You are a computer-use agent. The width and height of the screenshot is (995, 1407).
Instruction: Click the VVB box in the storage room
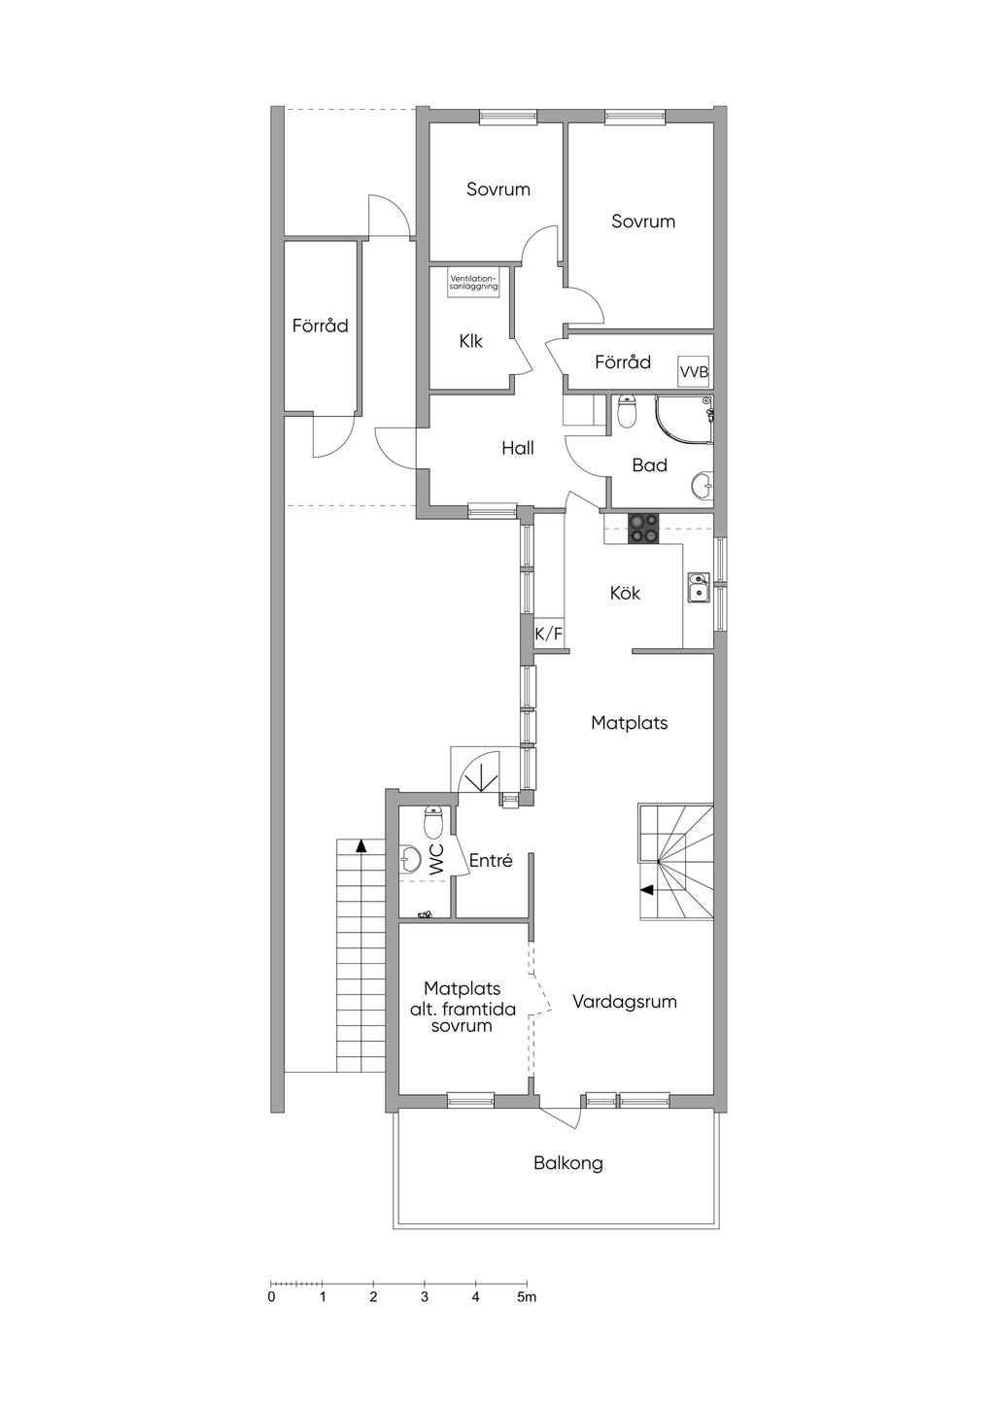point(694,372)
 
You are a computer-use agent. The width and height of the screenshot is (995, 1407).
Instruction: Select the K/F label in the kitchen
point(548,635)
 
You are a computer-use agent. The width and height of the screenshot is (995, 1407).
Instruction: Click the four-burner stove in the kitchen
point(644,529)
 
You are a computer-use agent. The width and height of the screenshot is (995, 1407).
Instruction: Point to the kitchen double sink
point(698,587)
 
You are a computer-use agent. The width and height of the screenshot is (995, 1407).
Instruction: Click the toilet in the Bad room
point(627,410)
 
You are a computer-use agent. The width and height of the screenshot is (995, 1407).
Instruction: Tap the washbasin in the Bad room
point(703,484)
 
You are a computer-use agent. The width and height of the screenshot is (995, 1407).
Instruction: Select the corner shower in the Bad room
point(684,419)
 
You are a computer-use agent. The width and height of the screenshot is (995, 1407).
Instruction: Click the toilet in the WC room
point(433,822)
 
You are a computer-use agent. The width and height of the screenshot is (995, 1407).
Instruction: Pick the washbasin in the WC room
point(410,859)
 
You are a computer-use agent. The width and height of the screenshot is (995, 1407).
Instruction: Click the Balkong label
point(567,1164)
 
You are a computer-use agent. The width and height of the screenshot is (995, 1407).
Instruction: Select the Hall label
point(518,448)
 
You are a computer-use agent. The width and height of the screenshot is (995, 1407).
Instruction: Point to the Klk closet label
point(470,341)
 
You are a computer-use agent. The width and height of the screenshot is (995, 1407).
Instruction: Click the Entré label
point(491,861)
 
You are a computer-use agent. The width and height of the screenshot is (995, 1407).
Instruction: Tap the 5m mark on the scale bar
point(527,1297)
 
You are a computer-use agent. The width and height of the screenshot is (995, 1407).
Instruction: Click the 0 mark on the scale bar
point(271,1297)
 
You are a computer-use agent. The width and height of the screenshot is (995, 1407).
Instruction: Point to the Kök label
point(625,593)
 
